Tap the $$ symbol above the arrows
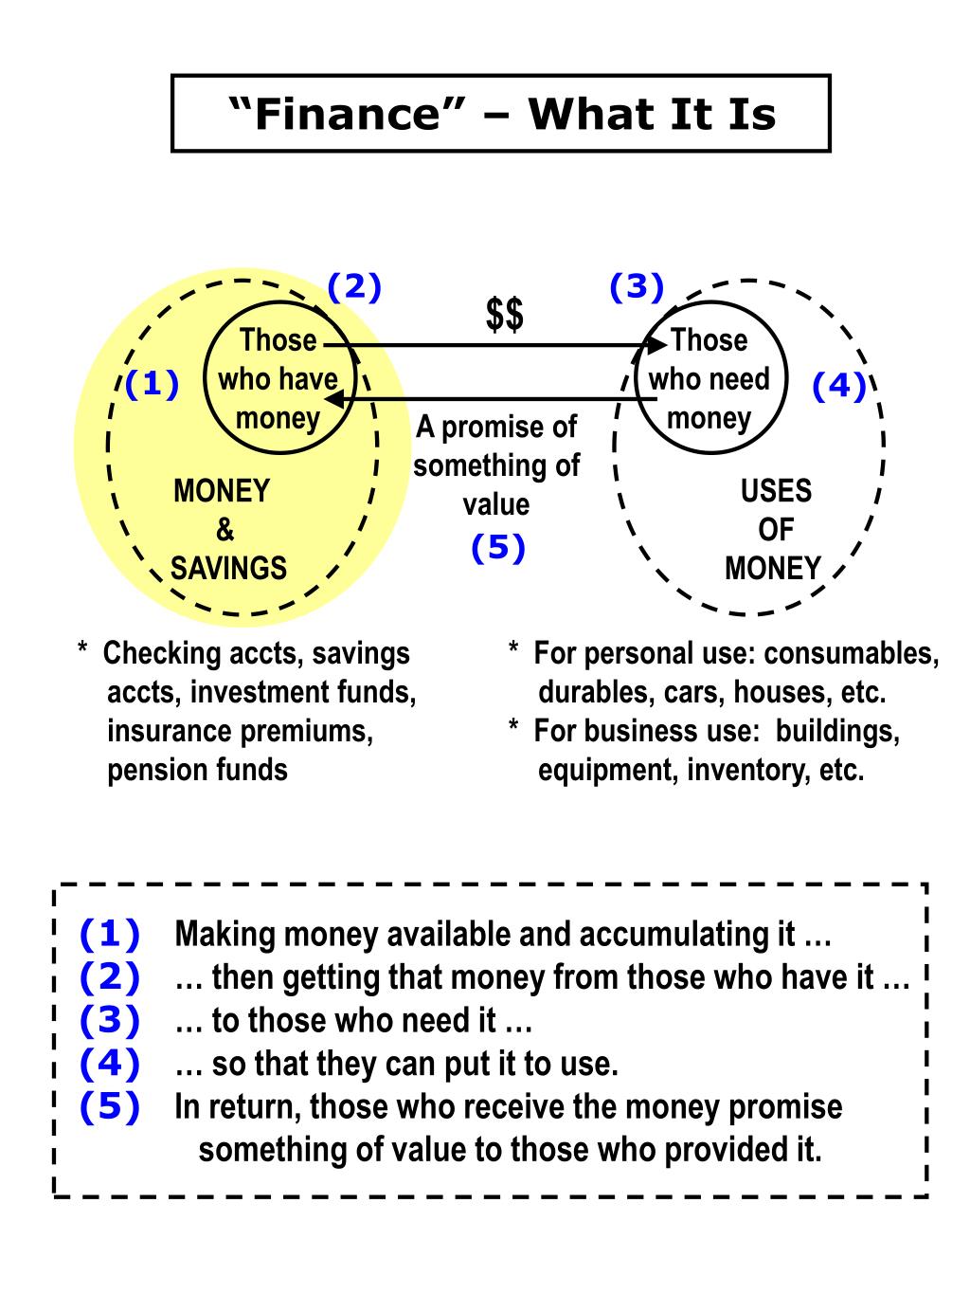pyautogui.click(x=504, y=315)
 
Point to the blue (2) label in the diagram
pyautogui.click(x=354, y=286)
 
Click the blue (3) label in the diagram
pyautogui.click(x=636, y=286)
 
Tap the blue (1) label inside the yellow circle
pyautogui.click(x=152, y=385)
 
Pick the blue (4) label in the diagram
pyautogui.click(x=839, y=387)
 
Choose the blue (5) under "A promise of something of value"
pyautogui.click(x=497, y=548)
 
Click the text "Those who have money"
pyautogui.click(x=278, y=379)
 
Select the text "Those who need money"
pyautogui.click(x=710, y=379)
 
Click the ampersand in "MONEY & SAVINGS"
pyautogui.click(x=225, y=530)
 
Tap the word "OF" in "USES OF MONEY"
pyautogui.click(x=775, y=530)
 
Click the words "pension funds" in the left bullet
pyautogui.click(x=197, y=769)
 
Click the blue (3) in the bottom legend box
pyautogui.click(x=110, y=1020)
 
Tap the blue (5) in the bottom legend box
pyautogui.click(x=110, y=1106)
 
